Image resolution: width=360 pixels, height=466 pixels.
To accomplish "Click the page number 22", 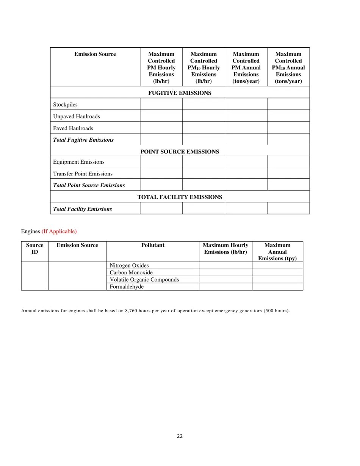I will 180,436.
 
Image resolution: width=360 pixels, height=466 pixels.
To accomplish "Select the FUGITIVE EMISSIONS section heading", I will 180,93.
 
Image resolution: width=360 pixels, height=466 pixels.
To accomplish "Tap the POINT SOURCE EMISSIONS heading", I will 180,152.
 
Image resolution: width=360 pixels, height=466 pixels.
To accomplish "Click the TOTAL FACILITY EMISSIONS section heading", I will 180,197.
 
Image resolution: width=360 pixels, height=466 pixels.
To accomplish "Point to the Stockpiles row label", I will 65,105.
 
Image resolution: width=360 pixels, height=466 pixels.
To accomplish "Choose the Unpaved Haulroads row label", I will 77,116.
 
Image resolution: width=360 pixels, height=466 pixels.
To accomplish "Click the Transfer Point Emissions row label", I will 83,174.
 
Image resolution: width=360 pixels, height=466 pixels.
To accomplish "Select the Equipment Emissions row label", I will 79,162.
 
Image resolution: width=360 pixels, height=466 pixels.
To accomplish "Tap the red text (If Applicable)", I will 59,231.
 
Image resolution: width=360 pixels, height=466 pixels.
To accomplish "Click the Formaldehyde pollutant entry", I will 127,287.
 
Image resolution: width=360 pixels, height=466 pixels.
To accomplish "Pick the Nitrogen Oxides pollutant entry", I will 129,266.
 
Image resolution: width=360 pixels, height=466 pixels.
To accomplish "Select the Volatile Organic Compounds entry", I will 144,280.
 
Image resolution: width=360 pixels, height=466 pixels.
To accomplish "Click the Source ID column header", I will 34,249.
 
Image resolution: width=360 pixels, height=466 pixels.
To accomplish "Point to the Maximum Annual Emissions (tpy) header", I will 277,252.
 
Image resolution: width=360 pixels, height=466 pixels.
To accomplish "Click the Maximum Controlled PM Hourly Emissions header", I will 161,67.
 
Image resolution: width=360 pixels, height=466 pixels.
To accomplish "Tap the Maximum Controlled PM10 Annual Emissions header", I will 288,67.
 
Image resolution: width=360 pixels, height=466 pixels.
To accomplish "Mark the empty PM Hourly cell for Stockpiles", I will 161,104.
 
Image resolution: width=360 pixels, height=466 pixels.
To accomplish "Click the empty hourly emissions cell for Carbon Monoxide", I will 225,272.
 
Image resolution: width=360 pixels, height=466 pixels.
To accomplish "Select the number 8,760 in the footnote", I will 132,311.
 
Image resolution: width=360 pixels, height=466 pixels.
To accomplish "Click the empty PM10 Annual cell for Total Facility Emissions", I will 288,208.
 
